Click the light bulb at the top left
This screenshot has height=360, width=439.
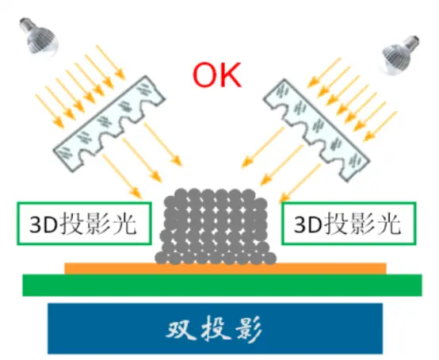pos(39,36)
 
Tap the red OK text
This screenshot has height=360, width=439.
pos(217,75)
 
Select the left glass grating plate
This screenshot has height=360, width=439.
pos(109,123)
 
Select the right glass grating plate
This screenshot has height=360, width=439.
pos(316,130)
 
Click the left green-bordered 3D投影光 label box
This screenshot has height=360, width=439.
pos(84,224)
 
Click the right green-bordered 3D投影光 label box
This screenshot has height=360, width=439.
pos(349,224)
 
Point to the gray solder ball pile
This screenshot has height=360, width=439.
pos(216,227)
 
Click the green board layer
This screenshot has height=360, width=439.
pos(222,285)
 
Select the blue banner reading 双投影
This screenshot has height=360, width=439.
pos(216,328)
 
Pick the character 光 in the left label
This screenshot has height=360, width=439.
pos(123,224)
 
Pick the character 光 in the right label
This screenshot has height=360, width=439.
pos(387,224)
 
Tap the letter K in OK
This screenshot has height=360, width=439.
pos(230,75)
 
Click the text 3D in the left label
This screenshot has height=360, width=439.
pos(44,224)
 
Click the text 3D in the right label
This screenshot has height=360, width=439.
pos(308,224)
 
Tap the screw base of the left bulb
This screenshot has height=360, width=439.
pos(25,25)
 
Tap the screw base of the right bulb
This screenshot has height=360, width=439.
pos(411,42)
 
